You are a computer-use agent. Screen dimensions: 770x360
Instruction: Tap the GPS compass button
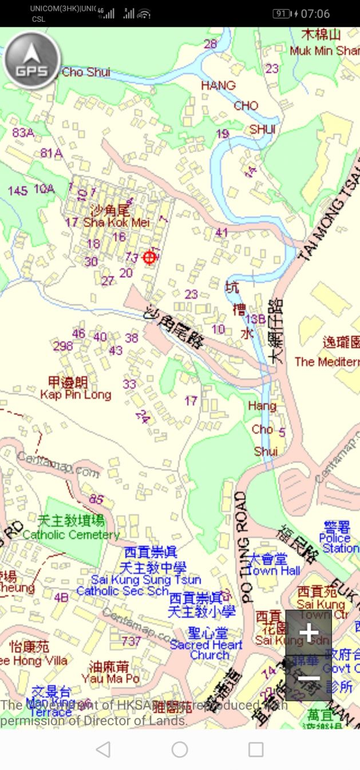point(31,58)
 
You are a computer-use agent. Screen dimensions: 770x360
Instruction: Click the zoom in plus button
point(308,633)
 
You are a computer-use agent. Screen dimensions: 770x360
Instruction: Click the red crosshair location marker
point(149,257)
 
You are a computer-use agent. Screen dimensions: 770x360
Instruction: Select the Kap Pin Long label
point(76,395)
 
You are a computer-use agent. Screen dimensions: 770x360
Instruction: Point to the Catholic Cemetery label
point(71,535)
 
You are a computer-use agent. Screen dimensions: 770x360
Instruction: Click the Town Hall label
point(274,570)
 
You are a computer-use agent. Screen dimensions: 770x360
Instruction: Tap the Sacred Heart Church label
point(207,645)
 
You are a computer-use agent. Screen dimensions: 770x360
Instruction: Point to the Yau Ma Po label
point(114,678)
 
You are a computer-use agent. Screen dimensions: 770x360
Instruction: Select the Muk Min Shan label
point(324,50)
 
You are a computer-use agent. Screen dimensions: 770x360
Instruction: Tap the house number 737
point(131,641)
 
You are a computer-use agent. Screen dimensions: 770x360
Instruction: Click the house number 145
point(18,190)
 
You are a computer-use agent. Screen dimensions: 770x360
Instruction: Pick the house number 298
point(63,346)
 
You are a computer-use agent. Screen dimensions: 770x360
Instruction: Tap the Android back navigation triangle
point(103,749)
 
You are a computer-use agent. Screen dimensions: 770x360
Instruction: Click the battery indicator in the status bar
point(282,14)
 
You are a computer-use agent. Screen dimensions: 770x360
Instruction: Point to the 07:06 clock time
point(315,14)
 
